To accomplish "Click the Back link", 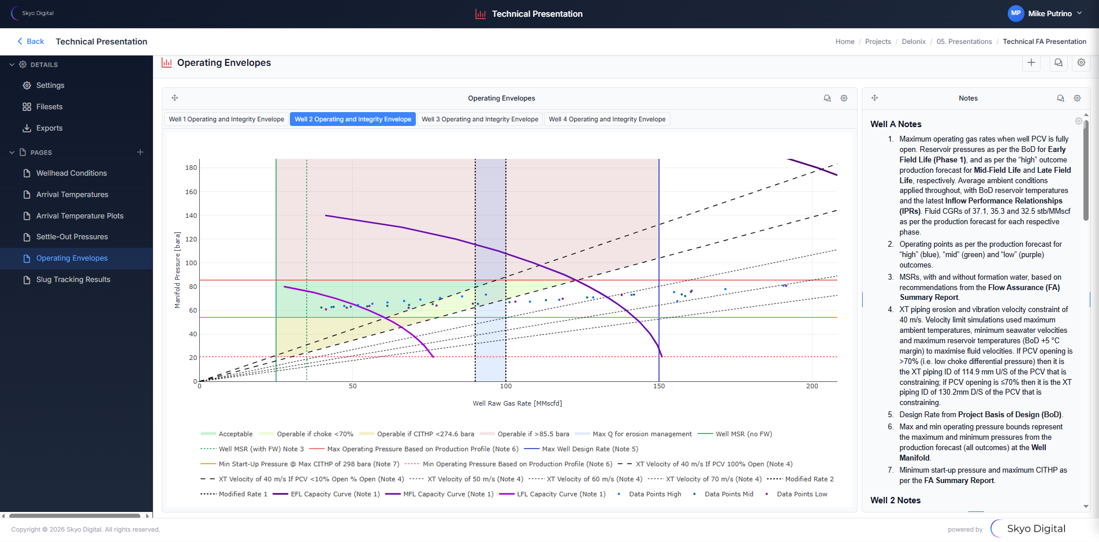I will tap(31, 42).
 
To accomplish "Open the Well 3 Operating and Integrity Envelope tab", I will tap(479, 120).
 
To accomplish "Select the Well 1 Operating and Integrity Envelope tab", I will tap(226, 120).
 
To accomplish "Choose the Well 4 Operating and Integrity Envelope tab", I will tap(607, 120).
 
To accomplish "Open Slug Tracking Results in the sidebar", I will tap(73, 280).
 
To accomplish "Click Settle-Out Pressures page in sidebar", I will tap(72, 237).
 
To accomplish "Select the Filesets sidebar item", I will tap(49, 107).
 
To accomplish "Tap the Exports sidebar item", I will tap(49, 128).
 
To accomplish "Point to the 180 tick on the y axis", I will tap(191, 168).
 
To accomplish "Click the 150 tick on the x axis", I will tap(659, 386).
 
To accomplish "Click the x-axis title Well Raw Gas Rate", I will tap(517, 403).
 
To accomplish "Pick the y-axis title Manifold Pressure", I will tap(177, 270).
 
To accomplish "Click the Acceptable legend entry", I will tap(235, 434).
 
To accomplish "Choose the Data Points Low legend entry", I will tap(802, 494).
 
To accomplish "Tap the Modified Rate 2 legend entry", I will tap(809, 479).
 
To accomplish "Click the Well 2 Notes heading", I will tap(895, 500).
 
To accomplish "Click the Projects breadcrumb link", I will tap(878, 42).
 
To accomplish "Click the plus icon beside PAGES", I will tap(140, 153).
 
